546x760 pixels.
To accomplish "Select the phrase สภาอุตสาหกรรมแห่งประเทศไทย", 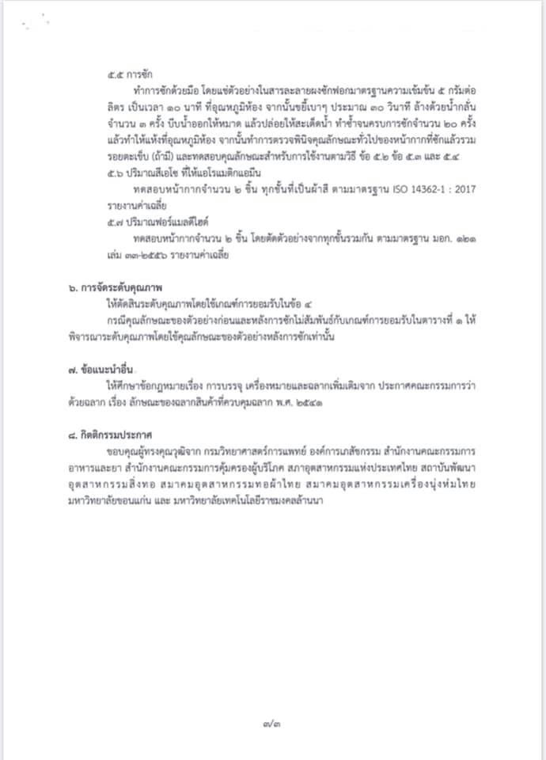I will coord(349,467).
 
